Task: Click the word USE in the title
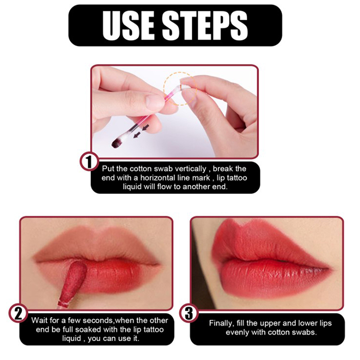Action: click(x=128, y=26)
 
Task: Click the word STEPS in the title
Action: click(x=205, y=26)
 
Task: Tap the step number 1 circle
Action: click(x=89, y=162)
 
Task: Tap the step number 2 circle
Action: click(x=18, y=313)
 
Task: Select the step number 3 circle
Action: click(x=189, y=313)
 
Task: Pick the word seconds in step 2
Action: click(x=98, y=320)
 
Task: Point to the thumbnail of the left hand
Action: click(x=154, y=101)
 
